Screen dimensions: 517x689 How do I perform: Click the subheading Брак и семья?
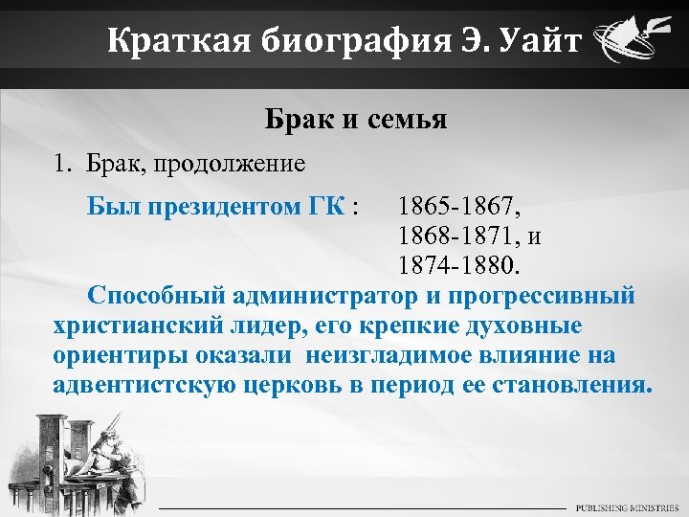pyautogui.click(x=356, y=120)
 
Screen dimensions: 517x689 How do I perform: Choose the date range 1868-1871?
pyautogui.click(x=458, y=235)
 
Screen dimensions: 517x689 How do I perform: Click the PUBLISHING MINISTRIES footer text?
pyautogui.click(x=627, y=506)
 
